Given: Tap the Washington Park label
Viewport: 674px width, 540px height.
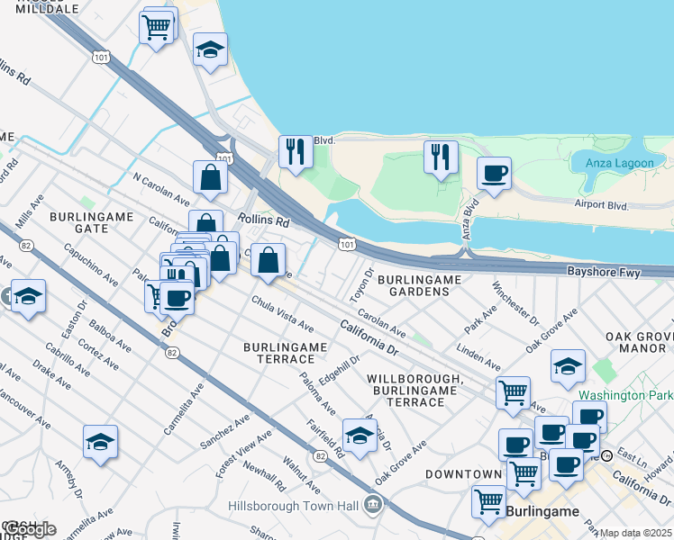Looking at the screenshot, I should pos(625,395).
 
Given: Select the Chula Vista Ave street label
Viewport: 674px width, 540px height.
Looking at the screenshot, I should pos(282,313).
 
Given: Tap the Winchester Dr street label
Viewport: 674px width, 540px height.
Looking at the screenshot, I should pos(515,305).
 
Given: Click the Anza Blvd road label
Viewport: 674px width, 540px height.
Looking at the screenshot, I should pos(470,219).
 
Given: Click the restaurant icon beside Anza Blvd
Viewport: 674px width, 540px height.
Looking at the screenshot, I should pos(441,157).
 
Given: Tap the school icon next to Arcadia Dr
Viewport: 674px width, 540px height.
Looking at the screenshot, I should pos(360,436).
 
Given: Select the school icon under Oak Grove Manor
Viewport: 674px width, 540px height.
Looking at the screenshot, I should pos(569,365).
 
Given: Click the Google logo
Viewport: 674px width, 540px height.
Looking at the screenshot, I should pos(28,529).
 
